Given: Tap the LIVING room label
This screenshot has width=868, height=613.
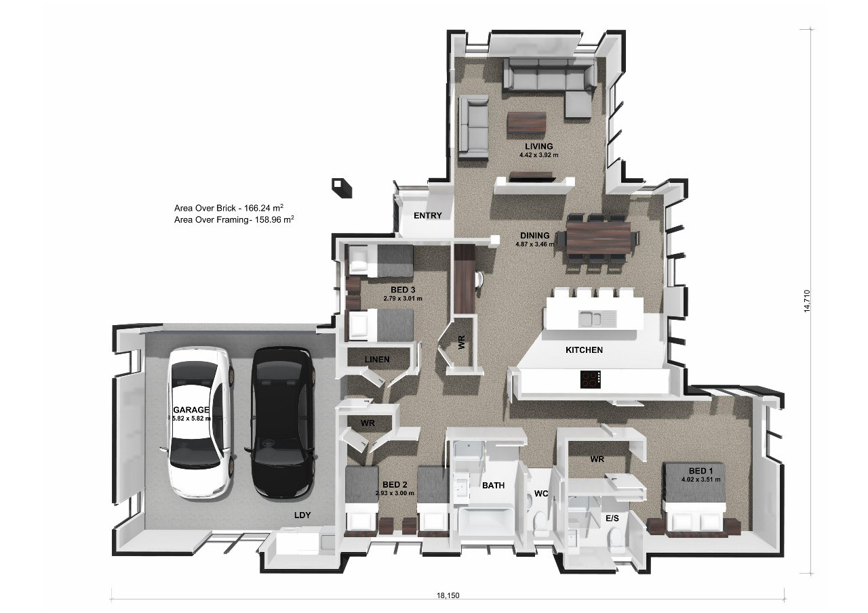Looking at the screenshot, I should click(x=538, y=146).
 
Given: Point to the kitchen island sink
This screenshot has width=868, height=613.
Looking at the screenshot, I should click(x=597, y=318).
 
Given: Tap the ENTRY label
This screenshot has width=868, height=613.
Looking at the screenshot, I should click(x=428, y=216).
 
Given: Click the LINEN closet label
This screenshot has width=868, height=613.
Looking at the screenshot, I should click(x=377, y=359).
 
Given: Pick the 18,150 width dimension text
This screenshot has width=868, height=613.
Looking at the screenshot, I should click(x=448, y=596).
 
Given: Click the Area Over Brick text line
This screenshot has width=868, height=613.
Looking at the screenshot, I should click(x=233, y=208).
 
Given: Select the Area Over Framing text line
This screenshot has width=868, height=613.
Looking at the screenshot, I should click(x=233, y=220).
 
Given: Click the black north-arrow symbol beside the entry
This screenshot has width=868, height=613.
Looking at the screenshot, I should click(x=341, y=187).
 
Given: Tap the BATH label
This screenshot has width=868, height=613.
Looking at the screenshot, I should click(x=493, y=485).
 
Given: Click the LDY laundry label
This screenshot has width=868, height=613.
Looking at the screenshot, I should click(x=302, y=515).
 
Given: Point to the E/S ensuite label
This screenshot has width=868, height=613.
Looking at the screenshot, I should click(x=612, y=518).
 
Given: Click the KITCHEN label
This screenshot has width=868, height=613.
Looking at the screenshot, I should click(x=584, y=350).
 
